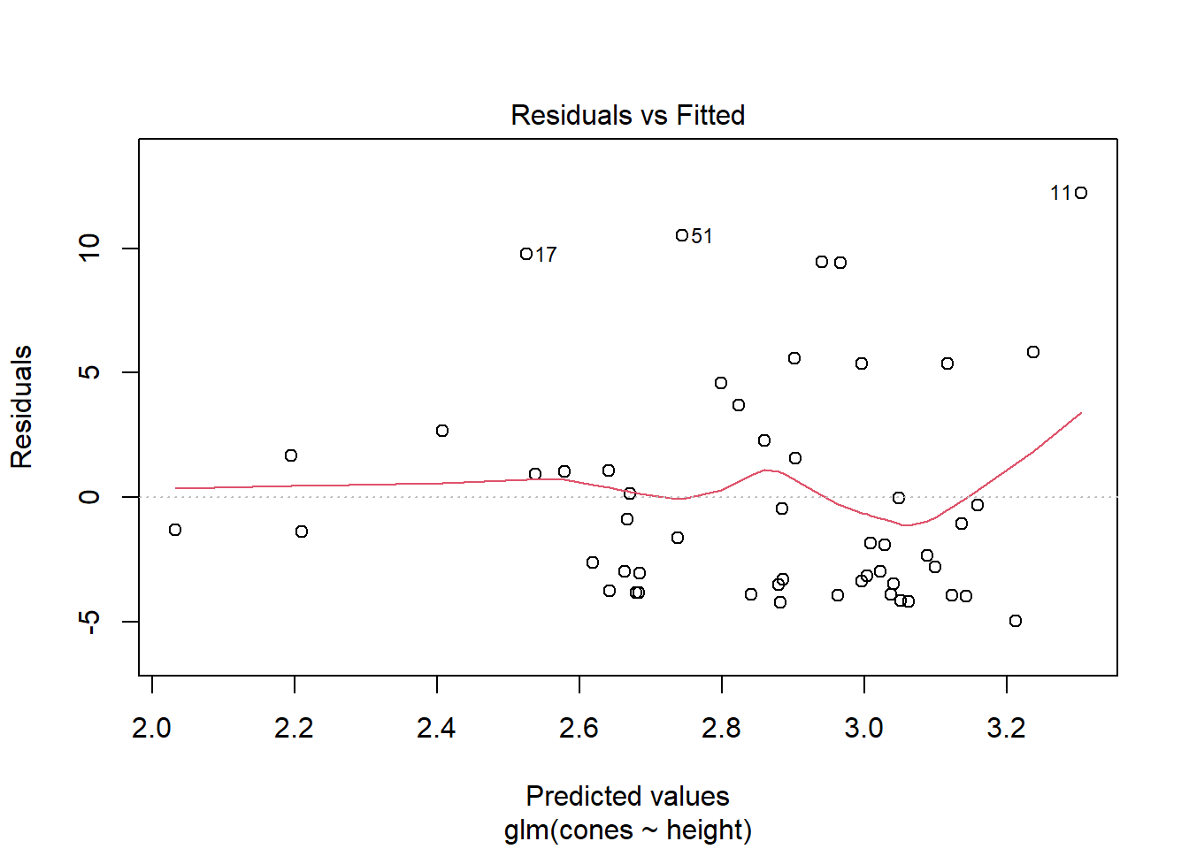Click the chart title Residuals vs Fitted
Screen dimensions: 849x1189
(x=627, y=115)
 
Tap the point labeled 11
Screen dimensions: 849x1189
(x=1080, y=193)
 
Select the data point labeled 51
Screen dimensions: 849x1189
(x=682, y=235)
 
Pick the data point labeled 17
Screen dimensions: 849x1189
(x=526, y=254)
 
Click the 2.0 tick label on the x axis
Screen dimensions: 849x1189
(x=151, y=728)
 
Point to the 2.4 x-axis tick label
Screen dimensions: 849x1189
(x=436, y=728)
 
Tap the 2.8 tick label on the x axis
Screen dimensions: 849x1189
(x=721, y=728)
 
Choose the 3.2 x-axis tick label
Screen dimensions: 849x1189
(x=1006, y=728)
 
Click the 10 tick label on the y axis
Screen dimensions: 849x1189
(x=89, y=248)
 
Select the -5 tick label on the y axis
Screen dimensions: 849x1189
(x=89, y=622)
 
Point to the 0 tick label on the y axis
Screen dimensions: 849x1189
(x=89, y=497)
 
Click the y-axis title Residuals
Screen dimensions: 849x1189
(x=21, y=407)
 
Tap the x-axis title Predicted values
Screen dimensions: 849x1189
(x=627, y=796)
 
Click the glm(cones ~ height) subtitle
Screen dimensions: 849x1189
(x=627, y=830)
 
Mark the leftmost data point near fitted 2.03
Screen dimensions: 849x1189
(x=175, y=530)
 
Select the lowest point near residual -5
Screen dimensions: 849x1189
(x=1016, y=621)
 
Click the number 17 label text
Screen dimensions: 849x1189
(x=547, y=255)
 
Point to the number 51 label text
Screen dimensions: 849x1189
(x=702, y=236)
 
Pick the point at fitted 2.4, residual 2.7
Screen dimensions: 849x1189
(x=442, y=431)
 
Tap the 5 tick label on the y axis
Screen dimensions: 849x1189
(x=89, y=372)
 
